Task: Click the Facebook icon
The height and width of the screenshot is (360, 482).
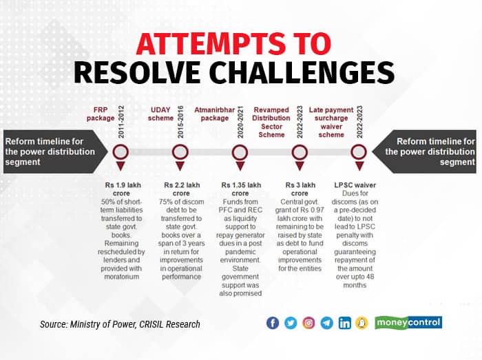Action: (273, 323)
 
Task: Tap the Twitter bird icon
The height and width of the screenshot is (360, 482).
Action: (291, 323)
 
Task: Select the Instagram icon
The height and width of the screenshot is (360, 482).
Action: (308, 323)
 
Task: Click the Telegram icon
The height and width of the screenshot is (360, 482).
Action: (326, 323)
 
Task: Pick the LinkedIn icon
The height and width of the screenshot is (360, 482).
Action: (344, 323)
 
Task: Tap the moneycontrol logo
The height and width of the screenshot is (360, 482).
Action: (408, 323)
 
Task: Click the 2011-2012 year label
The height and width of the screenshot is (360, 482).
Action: (121, 122)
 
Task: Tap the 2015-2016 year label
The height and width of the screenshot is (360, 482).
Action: (180, 122)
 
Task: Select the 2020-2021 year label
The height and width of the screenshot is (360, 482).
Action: (240, 122)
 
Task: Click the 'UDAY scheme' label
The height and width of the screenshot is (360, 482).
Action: (160, 114)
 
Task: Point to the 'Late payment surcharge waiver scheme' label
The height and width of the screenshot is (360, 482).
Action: (331, 123)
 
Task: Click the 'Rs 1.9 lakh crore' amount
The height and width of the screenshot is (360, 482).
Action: (123, 189)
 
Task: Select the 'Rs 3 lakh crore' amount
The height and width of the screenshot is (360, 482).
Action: (300, 189)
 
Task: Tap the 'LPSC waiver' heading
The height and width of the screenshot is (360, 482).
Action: (355, 185)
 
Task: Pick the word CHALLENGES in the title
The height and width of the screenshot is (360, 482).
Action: (303, 72)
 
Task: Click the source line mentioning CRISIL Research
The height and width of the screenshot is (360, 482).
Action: (120, 324)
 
